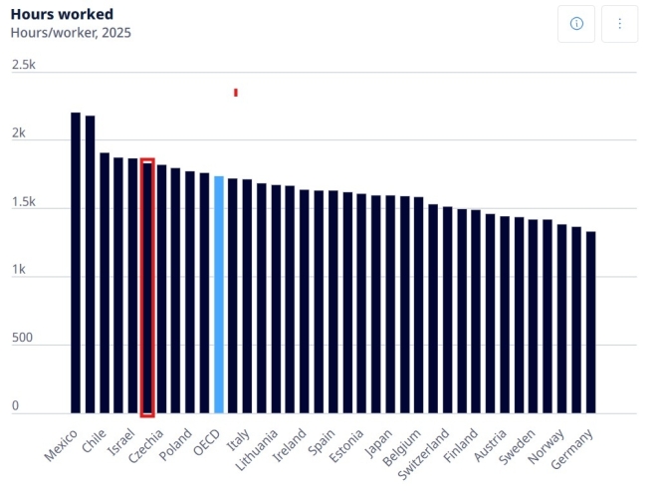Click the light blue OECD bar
pos(219,295)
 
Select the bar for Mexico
pos(76,263)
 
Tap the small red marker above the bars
pos(236,93)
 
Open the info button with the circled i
pos(576,24)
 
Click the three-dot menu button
pos(620,24)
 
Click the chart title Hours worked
pos(62,14)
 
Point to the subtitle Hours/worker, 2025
pos(71,33)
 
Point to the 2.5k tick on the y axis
pos(24,65)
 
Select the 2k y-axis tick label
pos(19,132)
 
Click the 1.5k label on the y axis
pos(24,202)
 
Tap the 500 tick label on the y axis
pos(22,338)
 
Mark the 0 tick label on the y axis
pos(16,406)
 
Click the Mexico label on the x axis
pos(61,445)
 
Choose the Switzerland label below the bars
pos(423,454)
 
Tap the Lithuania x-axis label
pos(257,450)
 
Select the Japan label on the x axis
pos(378,443)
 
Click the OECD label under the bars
pos(207,442)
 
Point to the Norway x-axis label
pos(546,446)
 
